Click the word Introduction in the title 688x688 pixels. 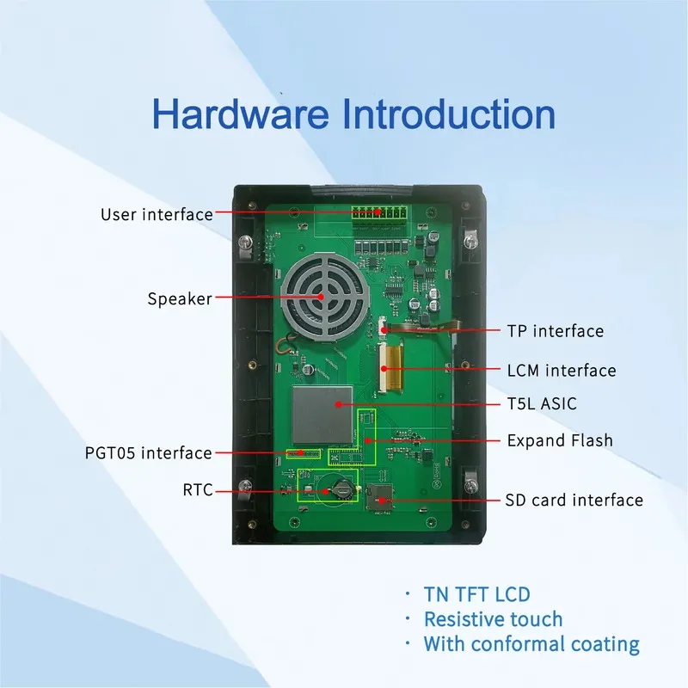[x=443, y=114]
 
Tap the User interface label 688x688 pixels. [x=157, y=214]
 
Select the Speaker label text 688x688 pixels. [x=179, y=298]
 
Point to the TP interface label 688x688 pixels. [x=555, y=330]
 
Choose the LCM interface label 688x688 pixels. [x=562, y=371]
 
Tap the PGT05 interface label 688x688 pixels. [x=148, y=452]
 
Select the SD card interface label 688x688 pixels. [x=573, y=500]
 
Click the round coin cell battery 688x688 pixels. [x=341, y=490]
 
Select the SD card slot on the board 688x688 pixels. [x=379, y=497]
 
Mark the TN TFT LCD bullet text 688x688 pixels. [x=476, y=593]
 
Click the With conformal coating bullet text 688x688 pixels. [x=531, y=643]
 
